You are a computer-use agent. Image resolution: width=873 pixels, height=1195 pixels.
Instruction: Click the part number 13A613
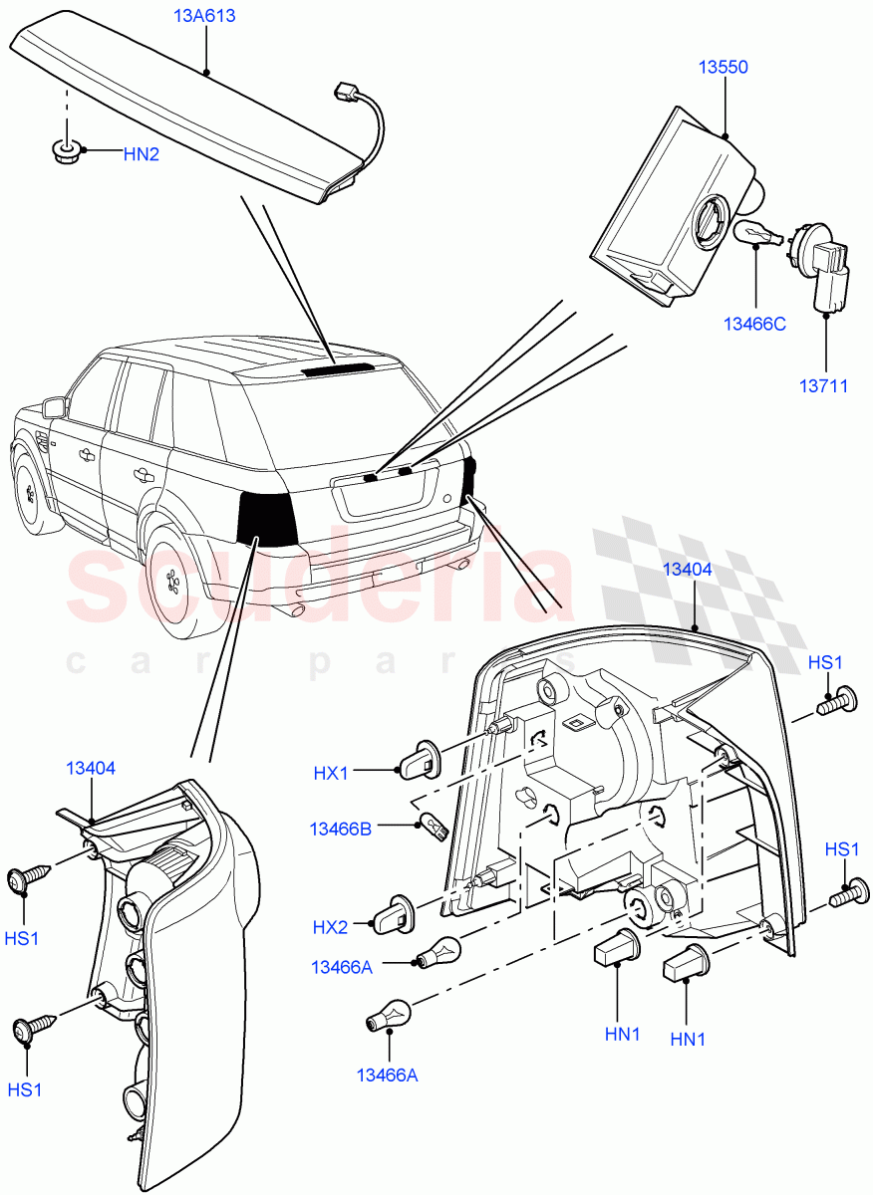[x=205, y=17]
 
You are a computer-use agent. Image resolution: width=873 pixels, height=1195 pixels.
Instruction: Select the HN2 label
[x=140, y=153]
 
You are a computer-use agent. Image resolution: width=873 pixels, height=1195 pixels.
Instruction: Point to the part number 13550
[x=723, y=68]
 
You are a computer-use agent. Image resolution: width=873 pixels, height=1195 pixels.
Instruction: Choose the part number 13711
[x=824, y=385]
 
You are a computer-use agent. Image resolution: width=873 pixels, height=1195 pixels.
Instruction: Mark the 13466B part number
[x=341, y=829]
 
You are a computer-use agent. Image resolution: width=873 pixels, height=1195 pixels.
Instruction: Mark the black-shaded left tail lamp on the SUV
[x=267, y=517]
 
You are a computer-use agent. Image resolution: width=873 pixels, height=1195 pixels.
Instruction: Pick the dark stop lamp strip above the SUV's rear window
[x=335, y=368]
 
